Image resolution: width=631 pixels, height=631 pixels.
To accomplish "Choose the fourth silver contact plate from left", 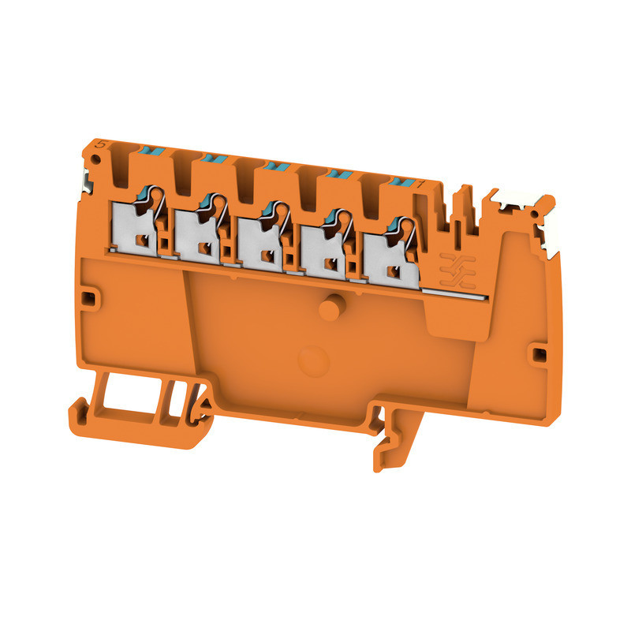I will [327, 251].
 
